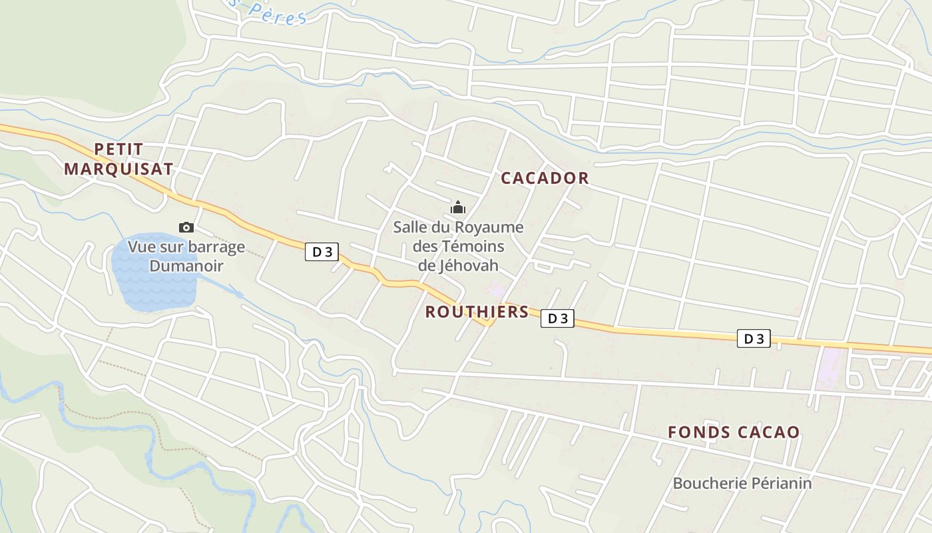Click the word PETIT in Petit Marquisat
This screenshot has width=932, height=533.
click(x=118, y=149)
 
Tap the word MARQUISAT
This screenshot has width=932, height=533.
click(x=118, y=169)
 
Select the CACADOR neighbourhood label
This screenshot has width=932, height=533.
click(x=545, y=178)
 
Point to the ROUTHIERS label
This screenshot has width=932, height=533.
click(x=477, y=312)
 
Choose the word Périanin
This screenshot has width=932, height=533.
click(x=779, y=483)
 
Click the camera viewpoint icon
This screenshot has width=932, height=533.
click(x=186, y=228)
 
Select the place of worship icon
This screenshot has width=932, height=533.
click(x=458, y=208)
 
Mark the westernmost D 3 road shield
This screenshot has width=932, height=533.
click(x=322, y=252)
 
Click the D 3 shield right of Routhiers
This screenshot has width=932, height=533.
click(x=557, y=318)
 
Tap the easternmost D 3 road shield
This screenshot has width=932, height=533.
click(x=754, y=338)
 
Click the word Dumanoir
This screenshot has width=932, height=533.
click(x=186, y=266)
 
